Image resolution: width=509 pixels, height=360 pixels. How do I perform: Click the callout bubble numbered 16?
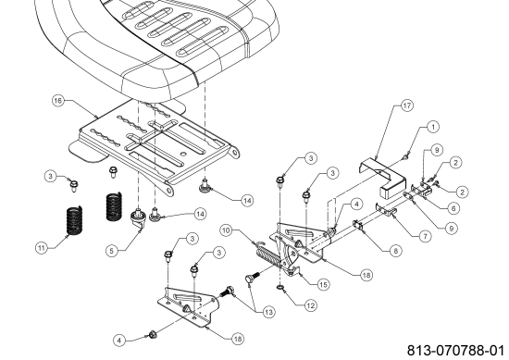(x=57, y=100)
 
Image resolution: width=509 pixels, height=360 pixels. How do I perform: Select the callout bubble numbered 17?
(x=407, y=106)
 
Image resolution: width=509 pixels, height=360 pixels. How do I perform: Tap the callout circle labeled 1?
(x=433, y=127)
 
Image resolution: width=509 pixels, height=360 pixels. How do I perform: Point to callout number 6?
(x=453, y=208)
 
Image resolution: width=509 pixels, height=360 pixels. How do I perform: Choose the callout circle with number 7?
(x=426, y=236)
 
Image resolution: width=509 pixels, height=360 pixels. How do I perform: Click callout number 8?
(x=396, y=251)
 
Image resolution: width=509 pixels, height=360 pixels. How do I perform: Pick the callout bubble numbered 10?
(x=226, y=230)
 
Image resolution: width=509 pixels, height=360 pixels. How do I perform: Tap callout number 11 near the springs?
(x=41, y=248)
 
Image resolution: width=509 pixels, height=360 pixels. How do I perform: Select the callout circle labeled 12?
(x=311, y=305)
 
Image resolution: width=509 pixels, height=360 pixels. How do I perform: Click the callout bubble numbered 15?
(x=323, y=285)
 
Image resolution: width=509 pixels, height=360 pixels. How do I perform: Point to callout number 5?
(x=112, y=251)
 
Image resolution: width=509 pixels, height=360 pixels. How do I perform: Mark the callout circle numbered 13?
(x=269, y=312)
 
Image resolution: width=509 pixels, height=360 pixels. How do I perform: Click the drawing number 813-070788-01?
(x=455, y=351)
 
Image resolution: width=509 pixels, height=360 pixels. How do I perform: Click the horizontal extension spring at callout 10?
(x=268, y=255)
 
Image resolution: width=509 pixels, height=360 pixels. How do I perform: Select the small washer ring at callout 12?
(x=280, y=288)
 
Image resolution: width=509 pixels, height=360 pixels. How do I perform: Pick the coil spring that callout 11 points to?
(x=74, y=220)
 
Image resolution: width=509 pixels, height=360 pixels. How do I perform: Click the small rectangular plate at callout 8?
(x=358, y=225)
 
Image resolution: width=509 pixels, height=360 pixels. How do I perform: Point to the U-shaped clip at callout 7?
(x=386, y=210)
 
